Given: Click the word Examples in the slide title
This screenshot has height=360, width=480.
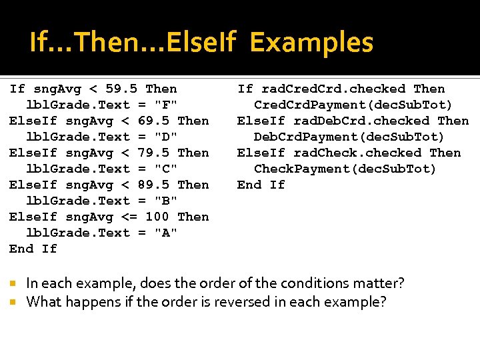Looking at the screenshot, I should coord(311,43).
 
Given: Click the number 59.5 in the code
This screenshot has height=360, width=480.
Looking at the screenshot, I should coord(121,89).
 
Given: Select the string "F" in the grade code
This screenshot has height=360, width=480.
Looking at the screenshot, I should coord(166,105).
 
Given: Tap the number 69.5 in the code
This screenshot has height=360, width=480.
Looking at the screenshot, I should coord(153,121).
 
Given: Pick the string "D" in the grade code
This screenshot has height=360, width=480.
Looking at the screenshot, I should coord(166,137).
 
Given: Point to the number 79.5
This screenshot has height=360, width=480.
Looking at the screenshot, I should coord(153,153).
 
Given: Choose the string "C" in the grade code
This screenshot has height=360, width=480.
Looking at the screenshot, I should coord(166,169).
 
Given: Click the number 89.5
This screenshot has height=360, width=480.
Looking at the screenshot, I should coord(153,185).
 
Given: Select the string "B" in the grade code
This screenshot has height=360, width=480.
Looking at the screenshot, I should coord(166,201).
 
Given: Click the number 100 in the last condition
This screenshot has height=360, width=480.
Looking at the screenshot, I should coord(157,217).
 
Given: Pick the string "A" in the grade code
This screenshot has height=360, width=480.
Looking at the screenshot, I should coord(166,233).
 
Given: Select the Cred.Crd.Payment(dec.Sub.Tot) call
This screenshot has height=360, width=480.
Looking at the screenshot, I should coord(353,105).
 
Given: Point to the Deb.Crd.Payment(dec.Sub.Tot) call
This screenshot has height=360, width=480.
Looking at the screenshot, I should coord(349,137).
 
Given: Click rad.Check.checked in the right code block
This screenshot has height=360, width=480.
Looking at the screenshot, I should coord(357,153).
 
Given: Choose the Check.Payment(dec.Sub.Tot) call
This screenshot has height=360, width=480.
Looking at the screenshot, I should coord(345,169).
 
